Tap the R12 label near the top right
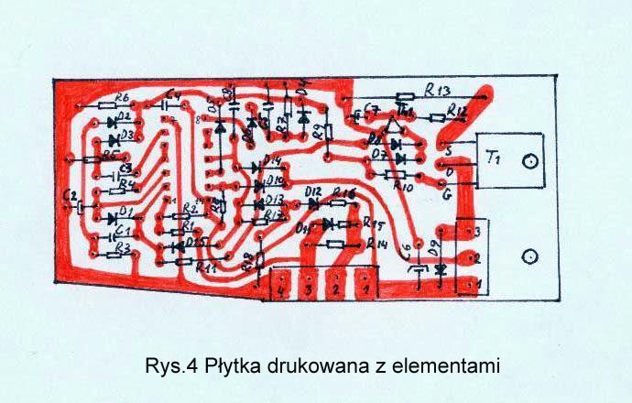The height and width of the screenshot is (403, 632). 458,112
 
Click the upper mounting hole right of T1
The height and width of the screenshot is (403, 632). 529,163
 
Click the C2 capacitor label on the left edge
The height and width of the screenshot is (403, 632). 69,196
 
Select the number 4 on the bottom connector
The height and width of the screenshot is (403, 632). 281,289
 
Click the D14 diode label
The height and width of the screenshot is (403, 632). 272,161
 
